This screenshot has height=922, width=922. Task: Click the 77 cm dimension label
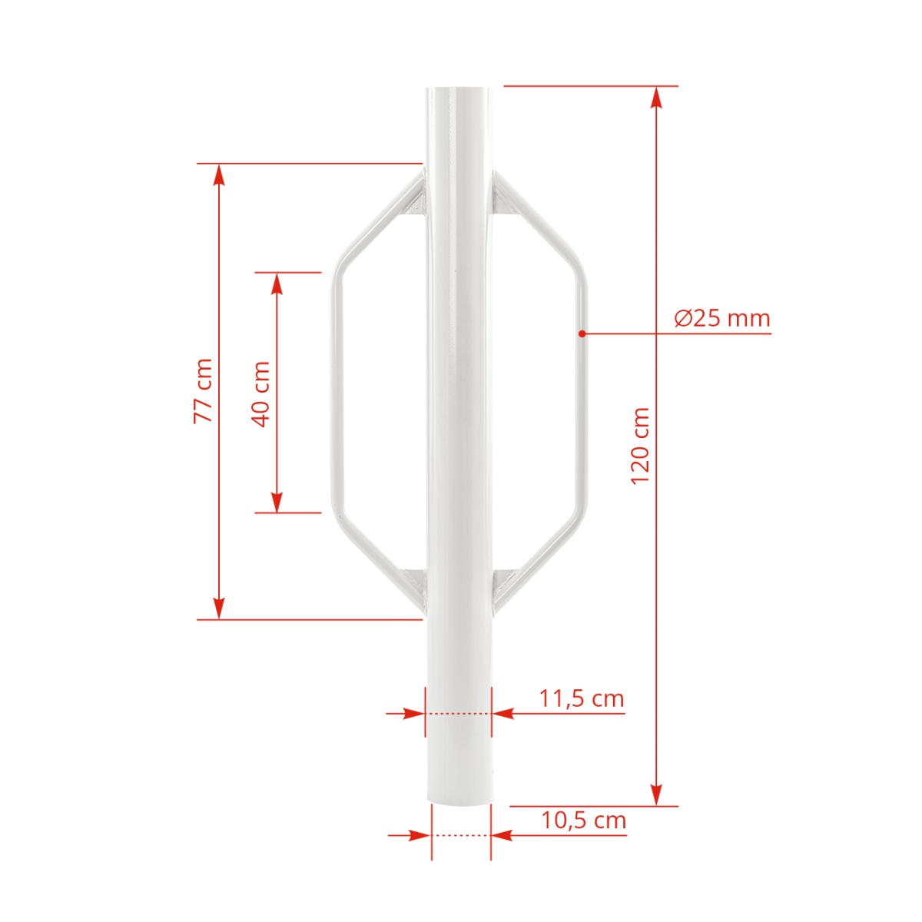(204, 391)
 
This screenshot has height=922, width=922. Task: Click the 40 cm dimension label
(261, 394)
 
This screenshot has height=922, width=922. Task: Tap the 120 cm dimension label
(640, 446)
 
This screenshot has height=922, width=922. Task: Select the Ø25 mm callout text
(722, 318)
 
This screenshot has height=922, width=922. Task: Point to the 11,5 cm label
(582, 698)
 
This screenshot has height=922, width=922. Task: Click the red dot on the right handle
(582, 333)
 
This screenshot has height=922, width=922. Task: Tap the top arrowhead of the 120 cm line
(657, 97)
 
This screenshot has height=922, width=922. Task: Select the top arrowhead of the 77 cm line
(219, 174)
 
